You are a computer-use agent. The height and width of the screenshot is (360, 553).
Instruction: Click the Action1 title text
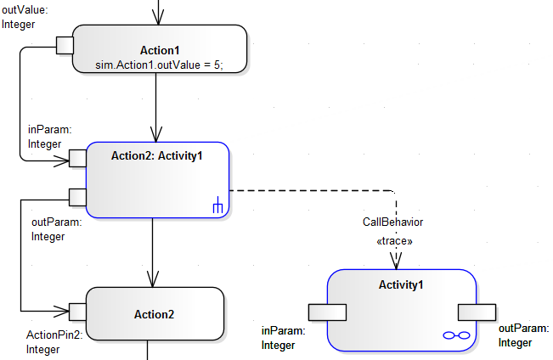[x=160, y=50]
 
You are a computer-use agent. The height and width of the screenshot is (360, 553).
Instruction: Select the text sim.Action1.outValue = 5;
[x=160, y=65]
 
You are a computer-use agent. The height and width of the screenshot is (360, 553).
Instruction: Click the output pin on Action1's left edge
[x=65, y=45]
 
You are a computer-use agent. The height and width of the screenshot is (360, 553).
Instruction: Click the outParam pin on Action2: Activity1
[x=77, y=197]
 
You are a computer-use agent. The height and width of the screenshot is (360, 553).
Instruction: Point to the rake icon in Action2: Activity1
[x=217, y=205]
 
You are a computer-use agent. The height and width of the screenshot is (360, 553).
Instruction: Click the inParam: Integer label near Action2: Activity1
[x=50, y=137]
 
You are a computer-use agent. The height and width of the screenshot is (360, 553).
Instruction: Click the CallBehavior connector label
[x=393, y=222]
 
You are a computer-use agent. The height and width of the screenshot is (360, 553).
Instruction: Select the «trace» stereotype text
[x=394, y=241]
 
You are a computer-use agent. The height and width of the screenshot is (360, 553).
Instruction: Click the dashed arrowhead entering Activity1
[x=395, y=262]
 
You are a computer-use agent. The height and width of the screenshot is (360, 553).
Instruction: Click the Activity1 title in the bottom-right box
[x=400, y=284]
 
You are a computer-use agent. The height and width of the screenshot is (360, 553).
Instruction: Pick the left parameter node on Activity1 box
[x=327, y=312]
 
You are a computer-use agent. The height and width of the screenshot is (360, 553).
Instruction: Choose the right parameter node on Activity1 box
[x=477, y=312]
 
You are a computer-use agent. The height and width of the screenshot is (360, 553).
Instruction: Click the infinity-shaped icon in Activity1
[x=456, y=336]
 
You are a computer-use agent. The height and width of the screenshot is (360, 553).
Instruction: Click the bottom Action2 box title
[x=154, y=314]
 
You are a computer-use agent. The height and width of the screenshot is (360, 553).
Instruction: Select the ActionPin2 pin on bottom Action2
[x=77, y=311]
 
